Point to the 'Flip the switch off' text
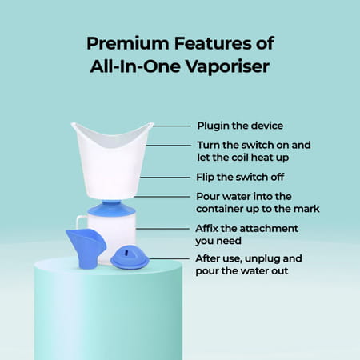point(238,177)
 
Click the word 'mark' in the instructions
point(305,208)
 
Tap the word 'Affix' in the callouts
point(210,228)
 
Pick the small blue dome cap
point(130,258)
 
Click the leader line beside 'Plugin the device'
point(171,126)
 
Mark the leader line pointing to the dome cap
point(168,258)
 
